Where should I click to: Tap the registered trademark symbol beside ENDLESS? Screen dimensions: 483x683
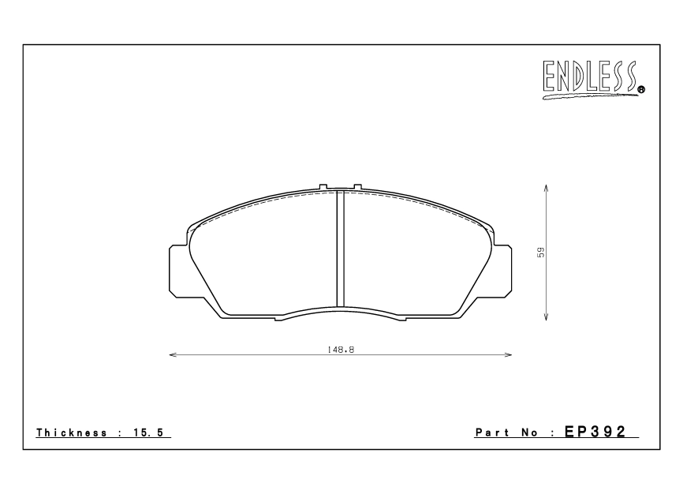(641, 90)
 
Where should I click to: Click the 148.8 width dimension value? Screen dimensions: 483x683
(341, 348)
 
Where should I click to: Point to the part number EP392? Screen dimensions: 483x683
(601, 432)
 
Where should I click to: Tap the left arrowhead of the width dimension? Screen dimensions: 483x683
(173, 355)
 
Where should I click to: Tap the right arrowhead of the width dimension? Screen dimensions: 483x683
(509, 355)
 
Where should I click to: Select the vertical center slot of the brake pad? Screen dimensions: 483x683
(341, 249)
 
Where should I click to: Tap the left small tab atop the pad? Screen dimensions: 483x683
(323, 187)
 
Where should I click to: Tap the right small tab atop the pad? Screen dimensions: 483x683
(357, 187)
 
